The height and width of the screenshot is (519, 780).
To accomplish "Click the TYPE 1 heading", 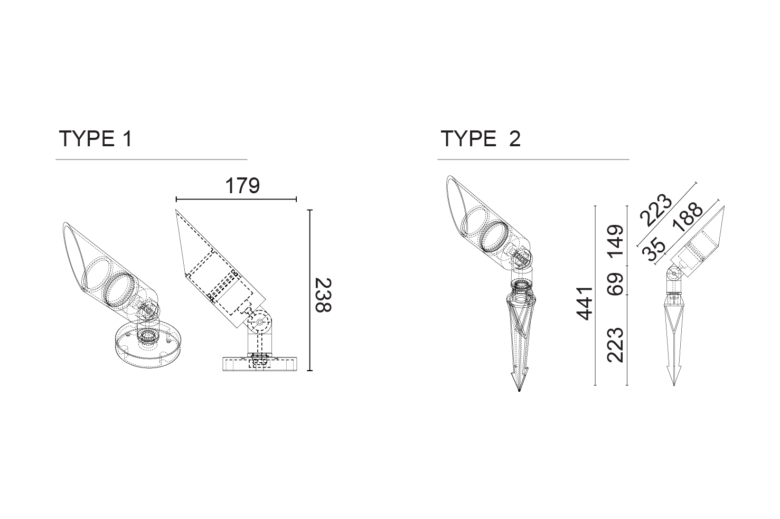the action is click(x=96, y=138).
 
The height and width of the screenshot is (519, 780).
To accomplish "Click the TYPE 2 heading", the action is click(x=481, y=138).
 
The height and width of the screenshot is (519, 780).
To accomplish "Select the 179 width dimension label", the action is click(x=242, y=186).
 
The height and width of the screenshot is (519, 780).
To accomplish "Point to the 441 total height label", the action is click(x=585, y=303).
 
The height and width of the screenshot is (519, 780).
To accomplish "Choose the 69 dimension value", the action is click(x=615, y=284).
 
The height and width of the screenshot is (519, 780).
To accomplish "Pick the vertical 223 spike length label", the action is click(x=615, y=345).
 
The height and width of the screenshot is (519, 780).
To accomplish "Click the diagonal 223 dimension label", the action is click(x=656, y=210).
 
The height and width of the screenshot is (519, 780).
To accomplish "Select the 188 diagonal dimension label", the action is click(x=688, y=217).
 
